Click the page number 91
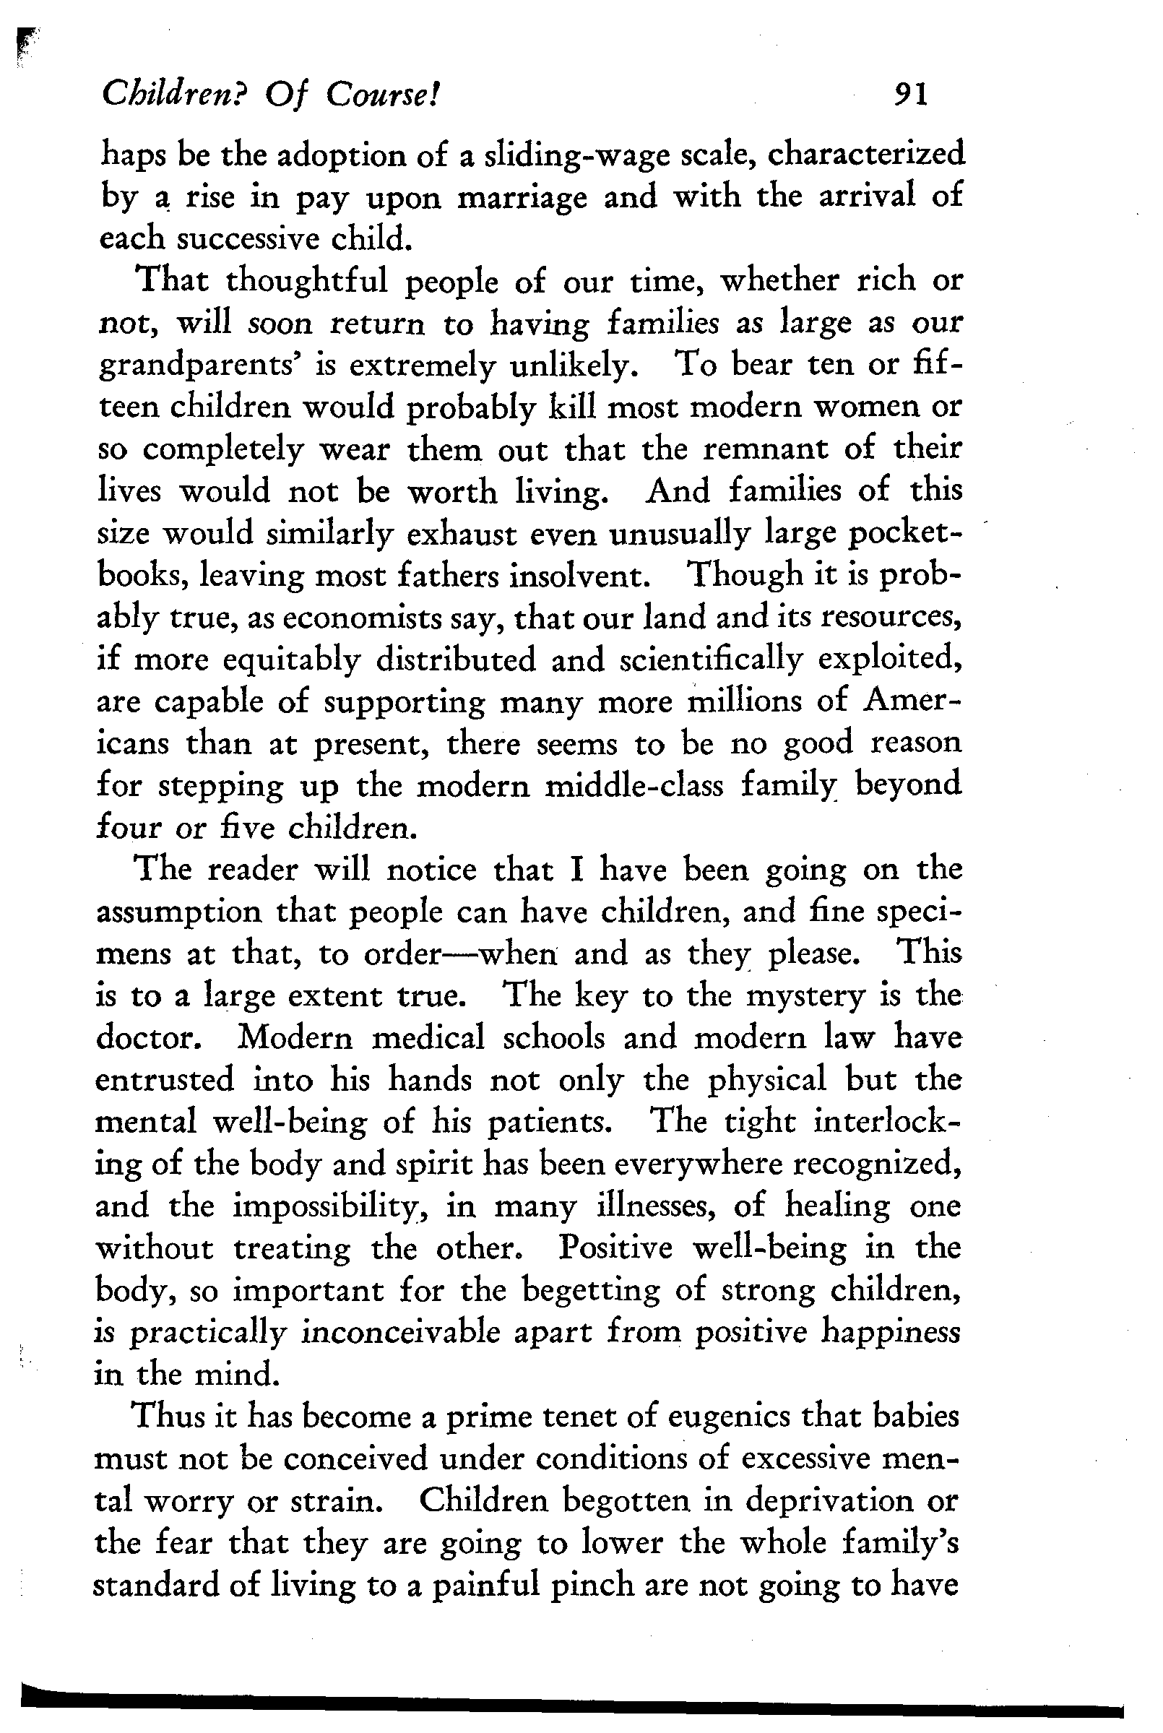pos(911,94)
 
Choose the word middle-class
pos(634,786)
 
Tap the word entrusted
pos(164,1080)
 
